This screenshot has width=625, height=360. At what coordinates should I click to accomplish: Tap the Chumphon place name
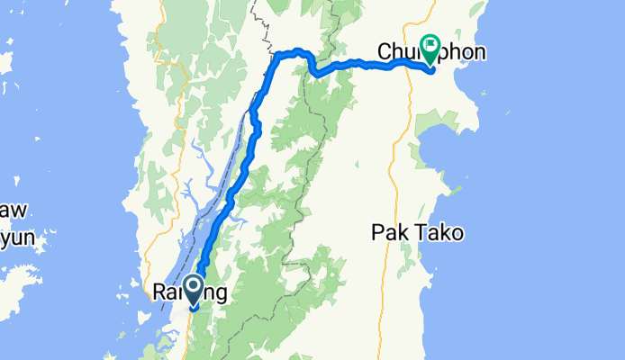[432, 52]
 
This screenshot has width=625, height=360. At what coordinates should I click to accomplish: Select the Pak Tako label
[417, 233]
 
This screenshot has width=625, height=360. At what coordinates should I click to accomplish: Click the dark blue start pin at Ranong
[193, 291]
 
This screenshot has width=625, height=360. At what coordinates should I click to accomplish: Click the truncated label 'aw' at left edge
[12, 211]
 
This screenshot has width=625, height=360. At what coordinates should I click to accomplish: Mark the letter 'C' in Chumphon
[387, 52]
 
